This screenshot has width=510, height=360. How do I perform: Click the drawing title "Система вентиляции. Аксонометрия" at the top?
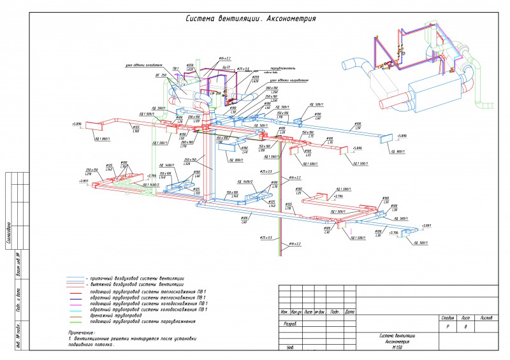click(x=251, y=19)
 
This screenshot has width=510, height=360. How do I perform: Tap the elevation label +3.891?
click(x=84, y=181)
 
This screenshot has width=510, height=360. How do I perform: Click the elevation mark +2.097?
click(x=426, y=226)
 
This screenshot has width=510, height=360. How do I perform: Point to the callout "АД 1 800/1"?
click(x=103, y=138)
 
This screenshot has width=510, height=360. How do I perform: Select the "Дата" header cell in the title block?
click(x=349, y=312)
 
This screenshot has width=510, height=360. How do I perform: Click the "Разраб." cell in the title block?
click(x=289, y=323)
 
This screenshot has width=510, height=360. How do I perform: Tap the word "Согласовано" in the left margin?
click(x=9, y=233)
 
